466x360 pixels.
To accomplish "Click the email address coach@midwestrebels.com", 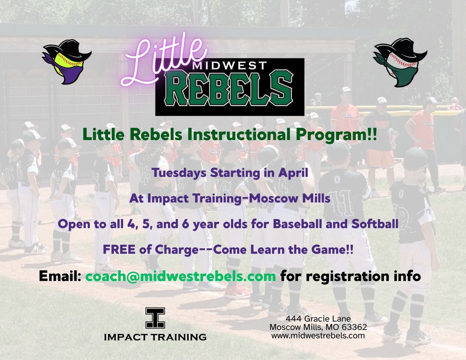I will click(x=181, y=277).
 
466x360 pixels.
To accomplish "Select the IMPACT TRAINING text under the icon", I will click(x=155, y=337).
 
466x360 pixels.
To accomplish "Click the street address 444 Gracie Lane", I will click(x=318, y=319).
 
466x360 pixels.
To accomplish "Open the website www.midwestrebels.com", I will click(x=318, y=336).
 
